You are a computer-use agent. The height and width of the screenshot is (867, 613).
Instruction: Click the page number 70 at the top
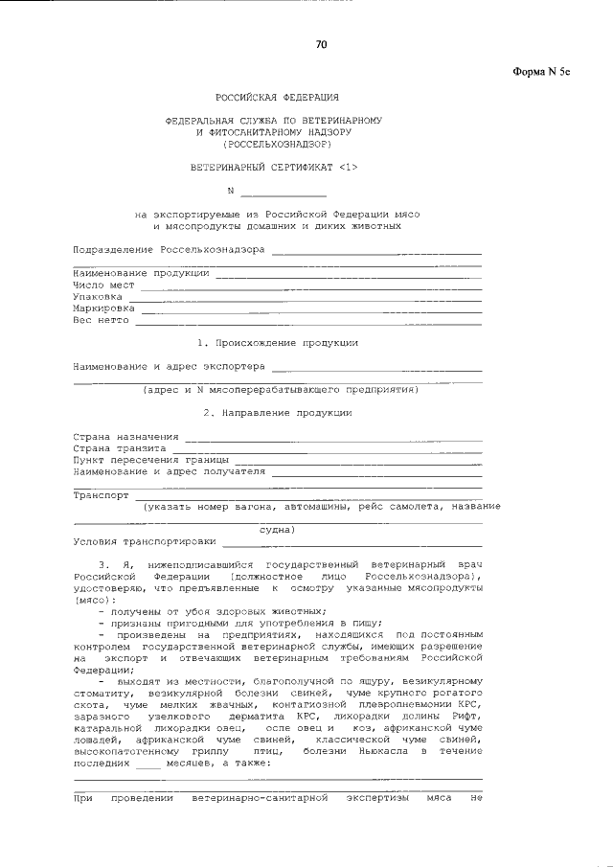coord(322,44)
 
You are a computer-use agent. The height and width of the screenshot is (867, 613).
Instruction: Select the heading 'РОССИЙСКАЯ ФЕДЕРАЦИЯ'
coord(277,98)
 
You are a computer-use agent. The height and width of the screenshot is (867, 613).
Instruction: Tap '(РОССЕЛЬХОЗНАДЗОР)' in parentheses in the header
coord(276,144)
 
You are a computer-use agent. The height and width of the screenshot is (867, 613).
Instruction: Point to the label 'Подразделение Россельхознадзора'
coord(170,249)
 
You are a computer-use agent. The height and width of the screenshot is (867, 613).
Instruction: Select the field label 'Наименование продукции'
coord(142,273)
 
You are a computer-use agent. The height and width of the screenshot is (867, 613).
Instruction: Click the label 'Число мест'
coord(104,285)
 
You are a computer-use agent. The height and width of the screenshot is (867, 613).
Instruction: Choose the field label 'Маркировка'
coord(104,309)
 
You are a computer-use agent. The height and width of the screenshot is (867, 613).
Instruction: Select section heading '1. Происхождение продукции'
coord(277,342)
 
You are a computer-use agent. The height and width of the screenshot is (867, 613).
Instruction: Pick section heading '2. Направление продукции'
coord(277,413)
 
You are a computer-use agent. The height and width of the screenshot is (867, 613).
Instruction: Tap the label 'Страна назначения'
coord(125,437)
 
